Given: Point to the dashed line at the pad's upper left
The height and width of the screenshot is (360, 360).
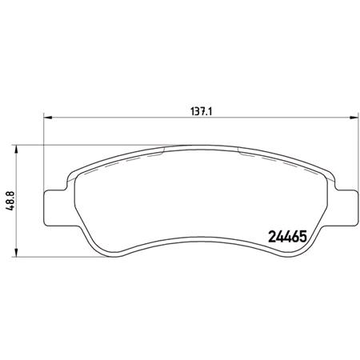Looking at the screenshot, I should [120, 158].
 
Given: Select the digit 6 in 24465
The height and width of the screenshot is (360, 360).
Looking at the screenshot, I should [293, 237].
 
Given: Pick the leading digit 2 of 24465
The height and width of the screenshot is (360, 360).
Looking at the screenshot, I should [269, 237].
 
